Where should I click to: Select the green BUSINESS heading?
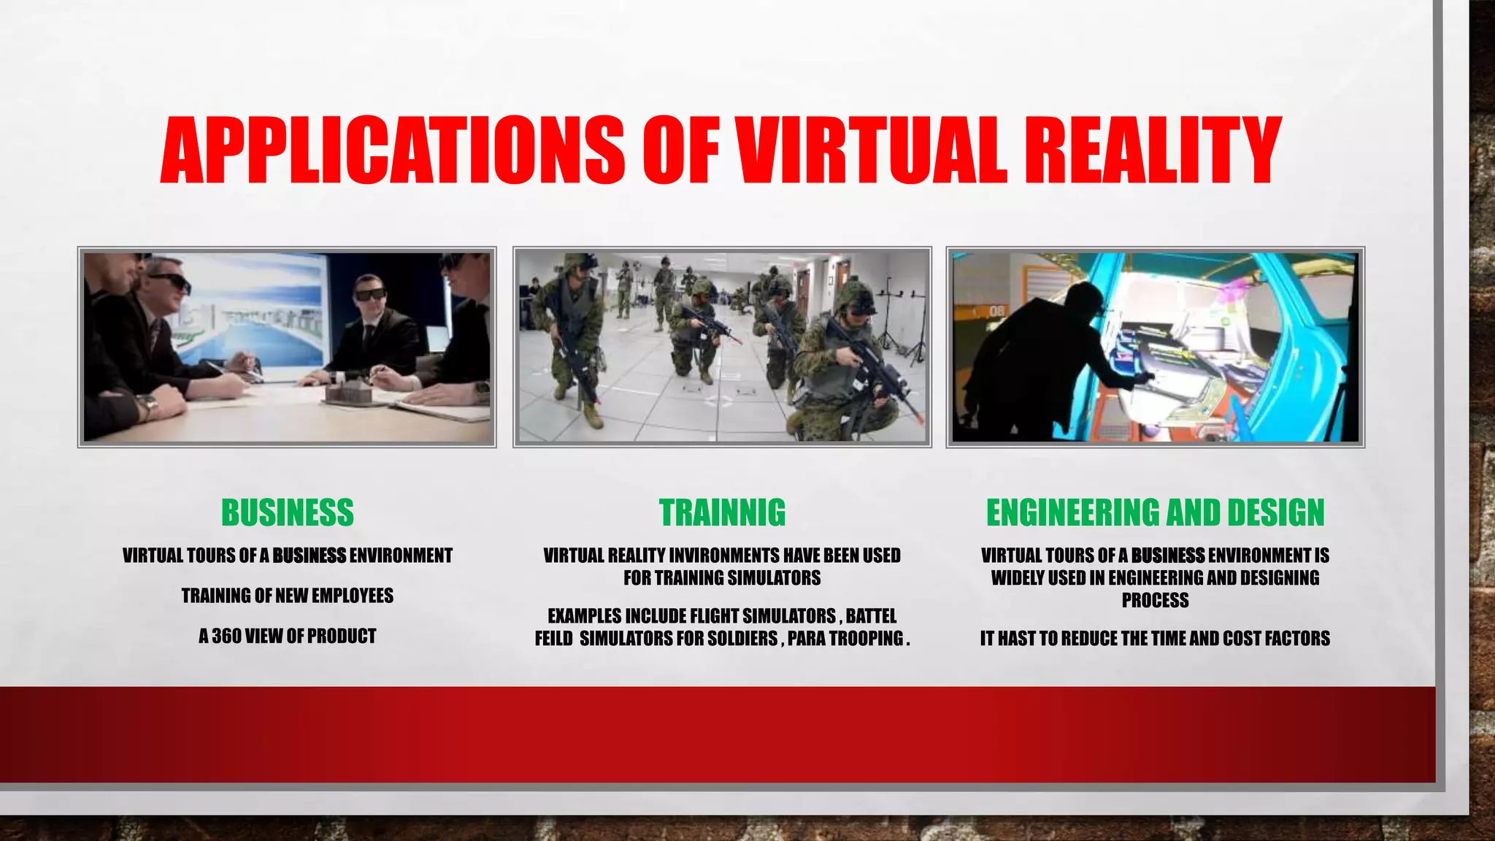click(x=288, y=512)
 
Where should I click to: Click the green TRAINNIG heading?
click(x=722, y=512)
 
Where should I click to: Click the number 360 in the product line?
click(x=226, y=636)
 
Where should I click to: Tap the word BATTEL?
click(x=871, y=616)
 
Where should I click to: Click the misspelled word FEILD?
click(x=553, y=639)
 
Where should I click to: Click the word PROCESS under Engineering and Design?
click(x=1155, y=601)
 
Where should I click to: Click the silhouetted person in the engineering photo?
click(x=1037, y=350)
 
